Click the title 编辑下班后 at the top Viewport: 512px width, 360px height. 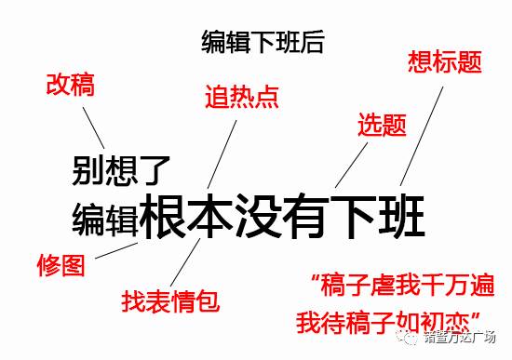point(263,42)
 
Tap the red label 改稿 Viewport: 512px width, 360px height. point(70,86)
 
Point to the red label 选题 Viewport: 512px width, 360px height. point(382,125)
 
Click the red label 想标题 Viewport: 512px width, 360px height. point(445,63)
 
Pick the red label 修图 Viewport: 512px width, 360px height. point(61,265)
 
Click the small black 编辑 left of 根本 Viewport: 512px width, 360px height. point(105,219)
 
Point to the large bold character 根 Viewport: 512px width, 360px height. point(165,216)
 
